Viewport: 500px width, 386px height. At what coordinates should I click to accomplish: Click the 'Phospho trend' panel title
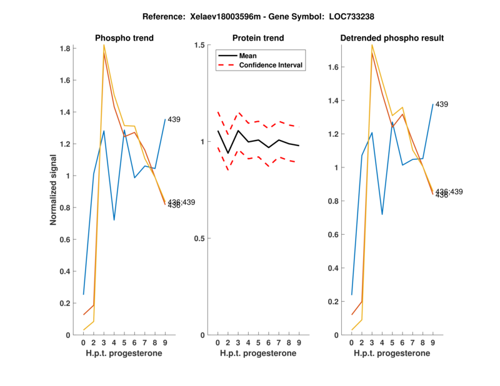pyautogui.click(x=124, y=38)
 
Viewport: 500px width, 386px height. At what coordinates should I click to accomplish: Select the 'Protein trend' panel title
pyautogui.click(x=257, y=38)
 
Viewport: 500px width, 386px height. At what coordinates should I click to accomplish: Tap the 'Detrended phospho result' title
pyautogui.click(x=392, y=38)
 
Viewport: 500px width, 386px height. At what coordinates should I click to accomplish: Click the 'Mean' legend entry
pyautogui.click(x=248, y=56)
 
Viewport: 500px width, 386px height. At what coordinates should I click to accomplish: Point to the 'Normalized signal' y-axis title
pyautogui.click(x=54, y=191)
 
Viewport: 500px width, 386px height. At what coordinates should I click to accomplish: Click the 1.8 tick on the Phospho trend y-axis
pyautogui.click(x=64, y=48)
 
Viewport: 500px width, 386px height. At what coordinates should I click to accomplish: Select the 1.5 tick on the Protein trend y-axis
pyautogui.click(x=201, y=45)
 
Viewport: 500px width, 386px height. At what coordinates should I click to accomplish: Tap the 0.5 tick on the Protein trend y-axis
pyautogui.click(x=201, y=239)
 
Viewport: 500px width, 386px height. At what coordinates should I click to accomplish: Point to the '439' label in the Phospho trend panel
pyautogui.click(x=174, y=119)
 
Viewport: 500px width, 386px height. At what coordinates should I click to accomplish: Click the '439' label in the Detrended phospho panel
pyautogui.click(x=442, y=104)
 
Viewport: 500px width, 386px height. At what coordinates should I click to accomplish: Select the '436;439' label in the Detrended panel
pyautogui.click(x=449, y=191)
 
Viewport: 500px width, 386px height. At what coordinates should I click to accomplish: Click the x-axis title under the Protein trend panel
pyautogui.click(x=257, y=354)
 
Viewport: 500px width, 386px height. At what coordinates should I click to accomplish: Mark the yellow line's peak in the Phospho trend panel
pyautogui.click(x=104, y=45)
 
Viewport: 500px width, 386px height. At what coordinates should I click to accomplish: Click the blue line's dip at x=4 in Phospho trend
pyautogui.click(x=114, y=220)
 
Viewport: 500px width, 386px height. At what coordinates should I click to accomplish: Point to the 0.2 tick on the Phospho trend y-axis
pyautogui.click(x=64, y=303)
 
